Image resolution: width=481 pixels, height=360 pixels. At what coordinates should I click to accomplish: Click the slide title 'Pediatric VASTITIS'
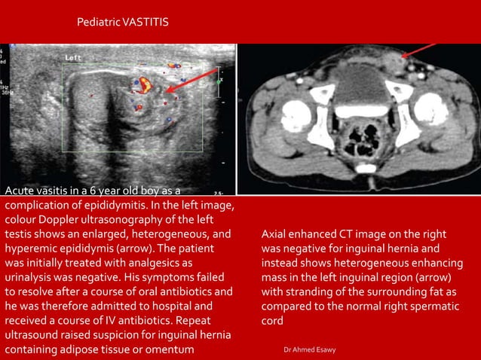[123, 23]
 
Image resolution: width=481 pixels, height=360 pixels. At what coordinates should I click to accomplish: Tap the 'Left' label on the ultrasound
[73, 57]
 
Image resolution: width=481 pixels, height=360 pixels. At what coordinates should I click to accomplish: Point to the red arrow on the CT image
[419, 50]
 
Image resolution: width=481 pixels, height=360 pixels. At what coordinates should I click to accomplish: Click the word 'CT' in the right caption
[342, 233]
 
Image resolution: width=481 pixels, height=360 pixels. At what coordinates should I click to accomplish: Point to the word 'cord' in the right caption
[273, 320]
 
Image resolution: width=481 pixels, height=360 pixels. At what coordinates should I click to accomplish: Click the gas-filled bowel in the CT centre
[360, 139]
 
